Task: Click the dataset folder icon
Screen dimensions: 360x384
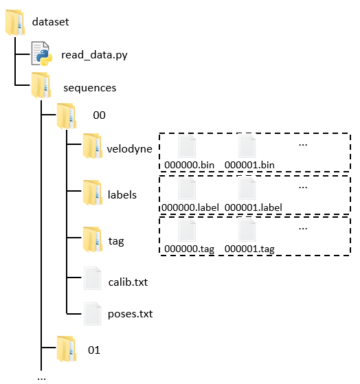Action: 15,23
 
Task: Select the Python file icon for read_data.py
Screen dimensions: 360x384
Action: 42,54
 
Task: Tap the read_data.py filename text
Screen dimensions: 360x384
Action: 94,55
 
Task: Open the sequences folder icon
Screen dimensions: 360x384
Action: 41,85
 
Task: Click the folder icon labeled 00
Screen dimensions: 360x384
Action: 67,116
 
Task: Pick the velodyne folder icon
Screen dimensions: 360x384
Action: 93,146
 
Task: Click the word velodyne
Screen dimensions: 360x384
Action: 130,149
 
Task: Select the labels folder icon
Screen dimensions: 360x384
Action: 93,193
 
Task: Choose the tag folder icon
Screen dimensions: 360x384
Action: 93,240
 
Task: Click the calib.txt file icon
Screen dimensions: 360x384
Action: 92,278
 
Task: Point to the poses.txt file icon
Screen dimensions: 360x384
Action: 92,314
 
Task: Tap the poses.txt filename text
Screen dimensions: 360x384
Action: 131,314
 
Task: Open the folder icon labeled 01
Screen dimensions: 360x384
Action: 67,349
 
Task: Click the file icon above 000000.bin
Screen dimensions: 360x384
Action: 187,146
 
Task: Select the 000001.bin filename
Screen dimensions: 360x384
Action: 249,165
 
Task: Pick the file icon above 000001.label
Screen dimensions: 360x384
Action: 247,188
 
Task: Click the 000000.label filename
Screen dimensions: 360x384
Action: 190,207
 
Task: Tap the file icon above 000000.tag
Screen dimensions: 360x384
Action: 187,230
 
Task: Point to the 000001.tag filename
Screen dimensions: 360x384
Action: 249,249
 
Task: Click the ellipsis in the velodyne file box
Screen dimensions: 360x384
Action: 303,145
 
